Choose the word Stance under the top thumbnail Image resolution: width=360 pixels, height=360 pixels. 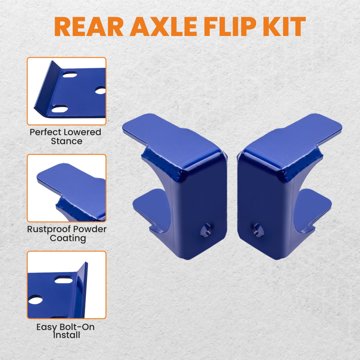pos(67,141)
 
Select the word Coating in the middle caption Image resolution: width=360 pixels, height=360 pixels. pos(68,238)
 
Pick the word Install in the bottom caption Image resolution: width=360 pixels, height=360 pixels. pos(67,335)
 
